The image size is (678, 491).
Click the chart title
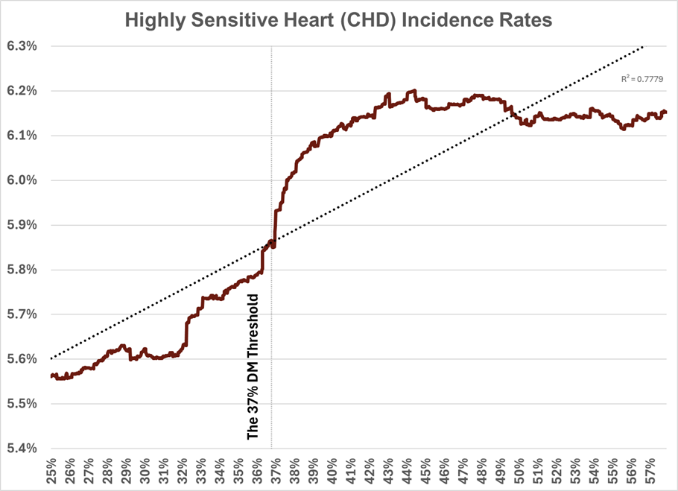coord(338,20)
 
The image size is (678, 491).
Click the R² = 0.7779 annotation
coord(641,78)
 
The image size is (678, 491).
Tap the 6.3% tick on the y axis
coord(22,46)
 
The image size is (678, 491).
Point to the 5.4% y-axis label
coord(22,449)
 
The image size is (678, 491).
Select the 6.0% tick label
coord(22,180)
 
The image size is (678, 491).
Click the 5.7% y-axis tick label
coord(22,314)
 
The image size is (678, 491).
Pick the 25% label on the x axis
coord(51,472)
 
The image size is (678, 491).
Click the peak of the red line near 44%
coord(412,91)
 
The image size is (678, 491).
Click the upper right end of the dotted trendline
coord(644,46)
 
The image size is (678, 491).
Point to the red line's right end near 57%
coord(665,112)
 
